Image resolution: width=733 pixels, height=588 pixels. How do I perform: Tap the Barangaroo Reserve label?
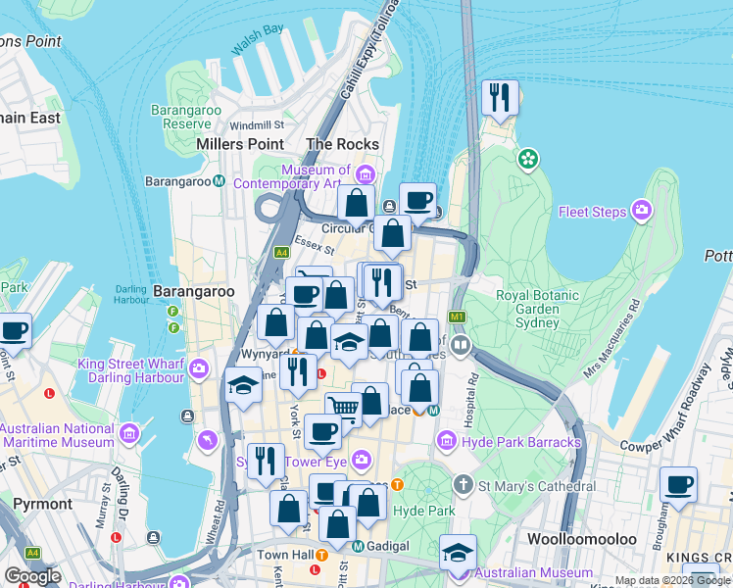pos(186,117)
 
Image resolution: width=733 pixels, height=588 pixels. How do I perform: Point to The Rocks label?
pos(342,144)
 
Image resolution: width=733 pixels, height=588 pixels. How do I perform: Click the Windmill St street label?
pos(257,125)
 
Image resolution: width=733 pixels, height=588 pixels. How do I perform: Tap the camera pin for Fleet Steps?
pos(642,210)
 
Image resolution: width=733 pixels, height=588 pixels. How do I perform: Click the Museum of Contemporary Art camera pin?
pos(365,175)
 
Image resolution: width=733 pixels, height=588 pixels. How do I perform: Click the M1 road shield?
pos(457,318)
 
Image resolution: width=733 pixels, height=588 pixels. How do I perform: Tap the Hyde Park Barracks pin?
pos(448,442)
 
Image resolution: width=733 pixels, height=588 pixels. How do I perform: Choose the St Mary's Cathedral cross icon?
pos(463,485)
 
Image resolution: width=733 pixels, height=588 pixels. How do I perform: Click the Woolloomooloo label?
pos(582,539)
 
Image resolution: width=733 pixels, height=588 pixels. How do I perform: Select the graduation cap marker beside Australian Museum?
pos(458,552)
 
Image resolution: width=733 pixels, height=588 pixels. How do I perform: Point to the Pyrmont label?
pos(42,504)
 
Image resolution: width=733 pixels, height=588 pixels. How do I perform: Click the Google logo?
pos(32,576)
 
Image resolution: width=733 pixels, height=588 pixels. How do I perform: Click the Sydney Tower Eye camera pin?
pos(362,458)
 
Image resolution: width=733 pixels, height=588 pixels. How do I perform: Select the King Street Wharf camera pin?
pos(199,368)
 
